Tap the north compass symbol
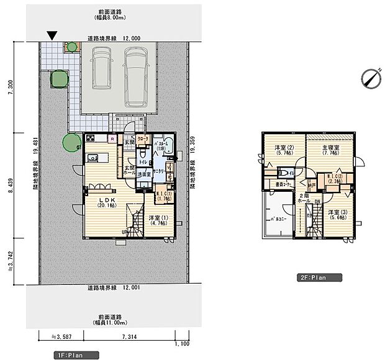click(x=370, y=78)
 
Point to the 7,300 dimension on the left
click(x=9, y=92)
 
